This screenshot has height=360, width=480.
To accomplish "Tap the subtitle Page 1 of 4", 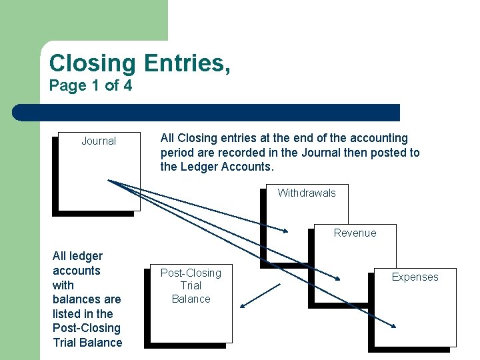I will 91,86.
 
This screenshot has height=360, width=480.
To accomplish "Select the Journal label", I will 99,141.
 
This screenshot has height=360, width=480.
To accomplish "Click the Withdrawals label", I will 307,193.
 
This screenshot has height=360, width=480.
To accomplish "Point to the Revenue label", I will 355,233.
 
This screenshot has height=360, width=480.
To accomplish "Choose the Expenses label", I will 415,277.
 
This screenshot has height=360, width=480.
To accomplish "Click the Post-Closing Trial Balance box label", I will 191,286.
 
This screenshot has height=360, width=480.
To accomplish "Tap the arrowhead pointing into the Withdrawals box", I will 286,231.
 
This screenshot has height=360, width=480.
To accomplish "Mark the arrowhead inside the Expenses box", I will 393,326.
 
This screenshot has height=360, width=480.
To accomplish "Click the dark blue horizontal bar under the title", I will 207,113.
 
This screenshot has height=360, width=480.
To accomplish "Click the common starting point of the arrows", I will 109,181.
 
